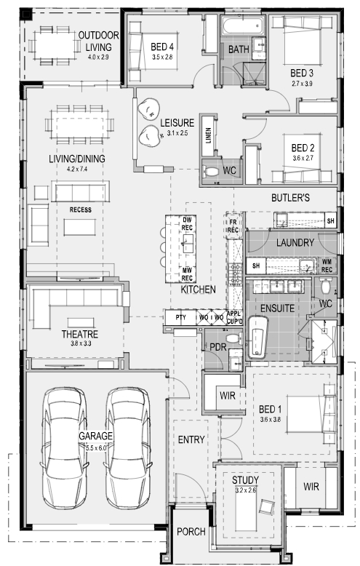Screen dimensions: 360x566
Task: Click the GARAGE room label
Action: (x=95, y=436)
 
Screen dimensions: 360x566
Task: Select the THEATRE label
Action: (x=80, y=334)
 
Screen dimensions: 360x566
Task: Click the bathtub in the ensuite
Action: (x=257, y=338)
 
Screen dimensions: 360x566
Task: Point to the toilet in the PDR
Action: (x=233, y=338)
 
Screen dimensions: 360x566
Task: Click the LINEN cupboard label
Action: (x=209, y=135)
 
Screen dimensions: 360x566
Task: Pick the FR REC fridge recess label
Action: (x=233, y=227)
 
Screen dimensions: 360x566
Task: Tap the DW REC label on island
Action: (x=187, y=224)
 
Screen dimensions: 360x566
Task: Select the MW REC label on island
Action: (x=187, y=274)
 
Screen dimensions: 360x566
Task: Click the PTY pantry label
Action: (x=180, y=317)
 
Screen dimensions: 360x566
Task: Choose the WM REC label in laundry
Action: (x=327, y=266)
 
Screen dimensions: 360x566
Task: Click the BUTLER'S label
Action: (x=290, y=198)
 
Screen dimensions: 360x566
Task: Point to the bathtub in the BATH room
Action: (x=243, y=25)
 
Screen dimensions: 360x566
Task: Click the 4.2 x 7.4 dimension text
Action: (x=77, y=169)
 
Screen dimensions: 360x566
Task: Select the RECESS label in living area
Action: (x=81, y=210)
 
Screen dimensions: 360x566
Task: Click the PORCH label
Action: (x=191, y=532)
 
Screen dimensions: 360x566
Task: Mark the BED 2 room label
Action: (x=303, y=148)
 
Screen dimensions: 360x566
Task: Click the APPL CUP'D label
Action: (x=235, y=318)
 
